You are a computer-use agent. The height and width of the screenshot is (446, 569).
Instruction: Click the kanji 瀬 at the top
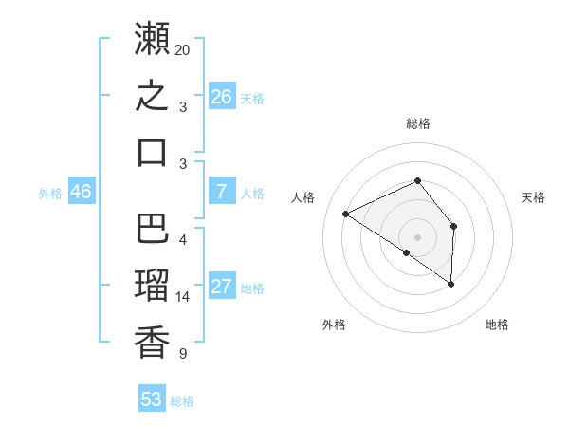point(152,38)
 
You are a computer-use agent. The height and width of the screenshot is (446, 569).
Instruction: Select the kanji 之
point(152,95)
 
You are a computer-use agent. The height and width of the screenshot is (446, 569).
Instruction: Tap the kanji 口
point(152,153)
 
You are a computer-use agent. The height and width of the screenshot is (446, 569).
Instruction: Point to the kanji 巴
point(152,228)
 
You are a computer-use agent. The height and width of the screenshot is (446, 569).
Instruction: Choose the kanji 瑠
point(152,285)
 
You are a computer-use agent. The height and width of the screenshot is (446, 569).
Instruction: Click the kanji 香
point(152,343)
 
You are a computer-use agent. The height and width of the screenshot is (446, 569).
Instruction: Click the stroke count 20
point(182,50)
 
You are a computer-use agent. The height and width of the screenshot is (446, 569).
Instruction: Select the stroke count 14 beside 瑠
point(182,297)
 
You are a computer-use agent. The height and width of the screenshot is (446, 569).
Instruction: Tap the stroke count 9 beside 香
point(183,354)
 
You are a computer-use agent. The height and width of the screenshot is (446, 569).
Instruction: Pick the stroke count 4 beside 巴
point(183,240)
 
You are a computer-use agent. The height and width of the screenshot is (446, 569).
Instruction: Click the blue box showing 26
point(222,96)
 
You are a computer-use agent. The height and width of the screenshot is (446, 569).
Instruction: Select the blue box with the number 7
point(222,191)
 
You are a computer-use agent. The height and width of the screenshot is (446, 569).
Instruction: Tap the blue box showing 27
point(222,285)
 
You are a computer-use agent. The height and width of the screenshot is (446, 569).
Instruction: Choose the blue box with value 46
point(82,191)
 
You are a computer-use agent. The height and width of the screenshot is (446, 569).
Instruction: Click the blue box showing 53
point(152,398)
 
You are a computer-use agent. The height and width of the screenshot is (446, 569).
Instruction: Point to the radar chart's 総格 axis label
point(418,123)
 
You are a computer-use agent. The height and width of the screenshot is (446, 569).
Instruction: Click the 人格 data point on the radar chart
point(346,214)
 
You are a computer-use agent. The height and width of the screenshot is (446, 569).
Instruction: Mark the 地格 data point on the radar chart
point(450,284)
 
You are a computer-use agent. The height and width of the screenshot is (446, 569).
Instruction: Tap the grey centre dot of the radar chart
point(417,237)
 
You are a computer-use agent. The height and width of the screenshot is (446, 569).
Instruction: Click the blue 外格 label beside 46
point(50,194)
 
